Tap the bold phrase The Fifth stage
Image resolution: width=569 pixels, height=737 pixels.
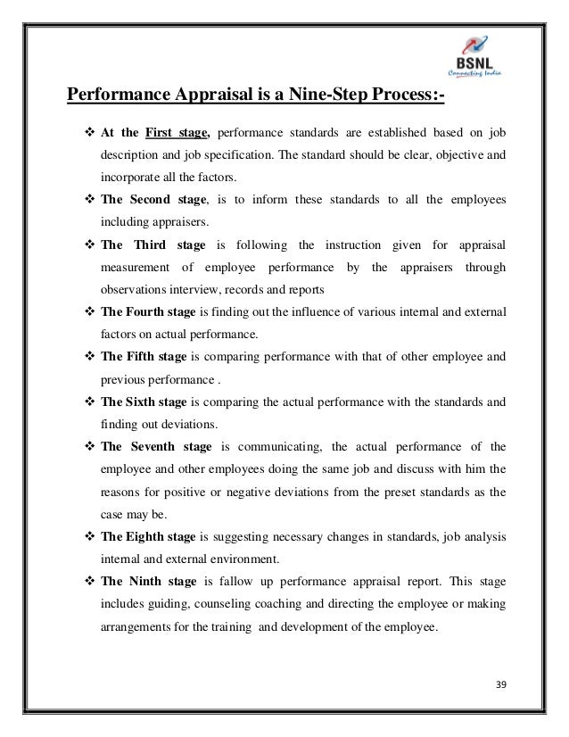(144, 355)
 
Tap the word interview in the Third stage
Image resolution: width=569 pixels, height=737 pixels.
(189, 292)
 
